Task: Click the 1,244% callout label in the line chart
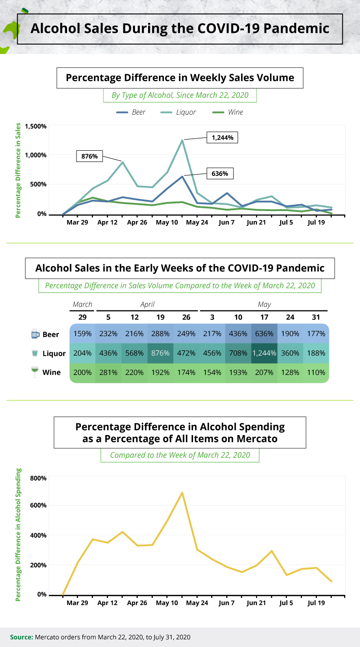click(x=222, y=138)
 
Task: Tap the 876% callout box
click(x=90, y=157)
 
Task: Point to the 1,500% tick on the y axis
click(x=36, y=126)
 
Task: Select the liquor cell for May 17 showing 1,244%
click(x=264, y=353)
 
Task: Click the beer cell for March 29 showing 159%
click(x=82, y=334)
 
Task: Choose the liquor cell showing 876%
click(x=160, y=353)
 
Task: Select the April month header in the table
click(x=147, y=305)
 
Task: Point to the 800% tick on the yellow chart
click(x=38, y=477)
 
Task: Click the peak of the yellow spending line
click(x=182, y=492)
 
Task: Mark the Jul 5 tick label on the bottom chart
click(x=287, y=603)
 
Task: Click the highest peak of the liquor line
click(x=182, y=140)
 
